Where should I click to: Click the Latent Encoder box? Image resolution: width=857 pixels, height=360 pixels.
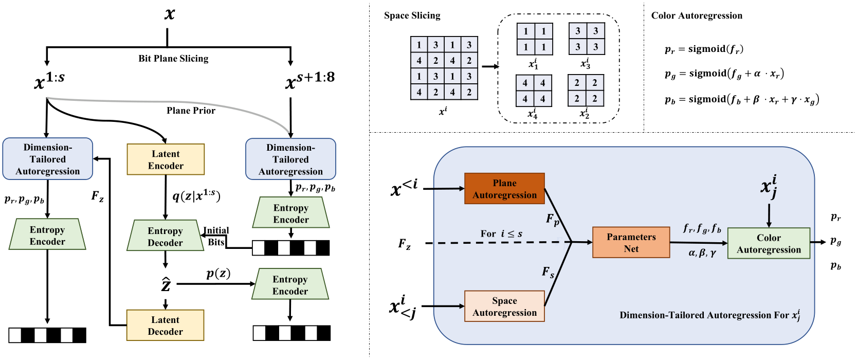pyautogui.click(x=166, y=159)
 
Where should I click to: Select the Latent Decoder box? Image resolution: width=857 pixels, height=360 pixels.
pyautogui.click(x=166, y=325)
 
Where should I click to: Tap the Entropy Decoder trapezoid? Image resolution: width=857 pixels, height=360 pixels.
pyautogui.click(x=165, y=236)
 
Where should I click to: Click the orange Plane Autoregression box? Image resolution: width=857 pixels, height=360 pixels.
pyautogui.click(x=504, y=189)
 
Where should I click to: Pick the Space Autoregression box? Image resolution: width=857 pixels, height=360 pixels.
pyautogui.click(x=504, y=307)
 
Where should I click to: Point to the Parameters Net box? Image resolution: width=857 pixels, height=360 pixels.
pyautogui.click(x=631, y=242)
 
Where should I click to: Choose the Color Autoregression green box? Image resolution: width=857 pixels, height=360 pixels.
pyautogui.click(x=769, y=243)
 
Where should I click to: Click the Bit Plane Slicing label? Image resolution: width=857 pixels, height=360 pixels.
pyautogui.click(x=173, y=58)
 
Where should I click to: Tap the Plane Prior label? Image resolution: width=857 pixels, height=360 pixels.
pyautogui.click(x=191, y=111)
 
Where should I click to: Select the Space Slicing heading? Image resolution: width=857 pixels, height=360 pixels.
pyautogui.click(x=412, y=15)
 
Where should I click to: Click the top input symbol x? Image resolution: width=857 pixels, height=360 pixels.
pyautogui.click(x=169, y=13)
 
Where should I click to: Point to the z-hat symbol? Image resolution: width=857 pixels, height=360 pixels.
pyautogui.click(x=166, y=284)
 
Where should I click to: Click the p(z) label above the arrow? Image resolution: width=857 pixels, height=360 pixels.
pyautogui.click(x=218, y=273)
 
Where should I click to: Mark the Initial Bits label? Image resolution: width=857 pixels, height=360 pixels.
pyautogui.click(x=216, y=236)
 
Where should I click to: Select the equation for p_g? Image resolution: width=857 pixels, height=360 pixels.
pyautogui.click(x=724, y=74)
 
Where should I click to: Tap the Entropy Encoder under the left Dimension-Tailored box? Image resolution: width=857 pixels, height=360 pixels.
pyautogui.click(x=47, y=235)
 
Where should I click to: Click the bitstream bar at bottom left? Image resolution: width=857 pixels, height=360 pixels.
pyautogui.click(x=47, y=335)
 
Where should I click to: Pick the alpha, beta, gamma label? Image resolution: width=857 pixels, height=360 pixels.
pyautogui.click(x=702, y=253)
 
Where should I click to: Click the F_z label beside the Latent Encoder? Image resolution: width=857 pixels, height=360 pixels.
pyautogui.click(x=97, y=196)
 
